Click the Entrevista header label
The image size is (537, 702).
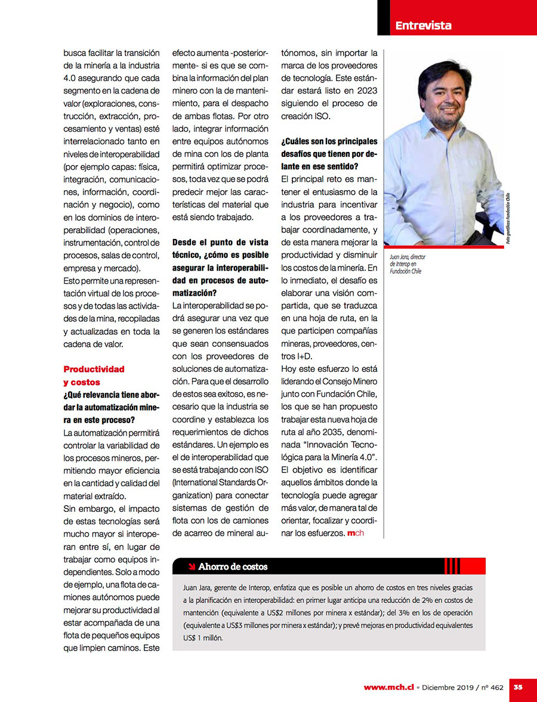coord(423,25)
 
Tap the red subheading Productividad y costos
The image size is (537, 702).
coord(94,375)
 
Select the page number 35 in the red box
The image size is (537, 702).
coord(518,687)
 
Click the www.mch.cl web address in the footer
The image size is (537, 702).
coord(388,687)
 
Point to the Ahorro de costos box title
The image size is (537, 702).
coord(233,566)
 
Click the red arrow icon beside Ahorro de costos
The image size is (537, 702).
coord(190,566)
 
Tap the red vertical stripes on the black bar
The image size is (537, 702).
coord(452,566)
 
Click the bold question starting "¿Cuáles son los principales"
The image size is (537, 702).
coord(329,154)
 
